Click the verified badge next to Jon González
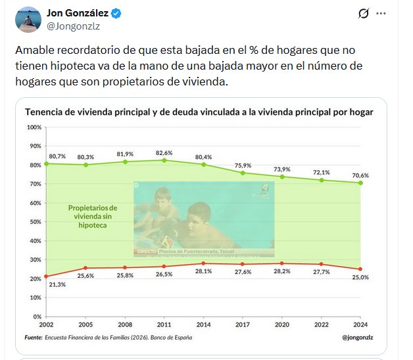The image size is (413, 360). pyautogui.click(x=116, y=13)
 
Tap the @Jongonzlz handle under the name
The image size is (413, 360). pyautogui.click(x=73, y=26)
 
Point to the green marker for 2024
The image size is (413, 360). pyautogui.click(x=361, y=183)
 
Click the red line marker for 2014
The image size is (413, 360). pyautogui.click(x=204, y=263)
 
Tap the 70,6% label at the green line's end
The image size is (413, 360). pyautogui.click(x=361, y=175)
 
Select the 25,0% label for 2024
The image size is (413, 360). pyautogui.click(x=361, y=278)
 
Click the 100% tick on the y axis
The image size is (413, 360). pyautogui.click(x=34, y=127)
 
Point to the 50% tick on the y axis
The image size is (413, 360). pyautogui.click(x=36, y=221)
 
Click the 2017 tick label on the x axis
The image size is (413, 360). pyautogui.click(x=243, y=325)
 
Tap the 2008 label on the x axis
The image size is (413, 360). pyautogui.click(x=126, y=325)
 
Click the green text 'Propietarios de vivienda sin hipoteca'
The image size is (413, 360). pyautogui.click(x=92, y=216)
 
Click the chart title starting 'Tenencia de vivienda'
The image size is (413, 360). pyautogui.click(x=199, y=112)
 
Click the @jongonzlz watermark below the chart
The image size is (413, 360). pyautogui.click(x=360, y=338)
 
